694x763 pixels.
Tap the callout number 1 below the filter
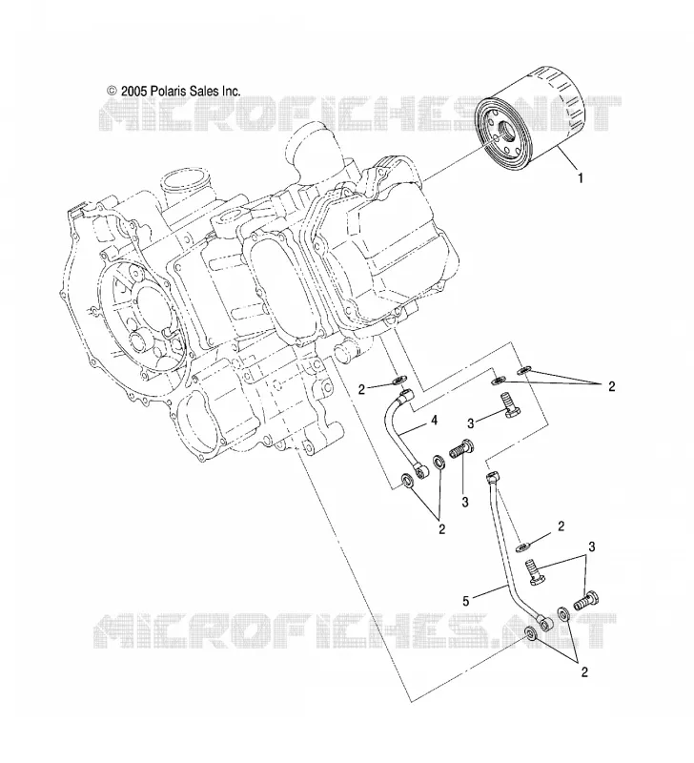(x=581, y=178)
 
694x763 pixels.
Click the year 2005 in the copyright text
(x=133, y=91)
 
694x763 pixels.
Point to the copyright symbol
(x=112, y=91)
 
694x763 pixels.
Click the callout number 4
(x=434, y=420)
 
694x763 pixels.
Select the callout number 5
(x=466, y=602)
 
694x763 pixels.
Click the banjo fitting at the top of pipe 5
(x=492, y=476)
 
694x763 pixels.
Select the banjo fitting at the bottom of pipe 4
(x=420, y=470)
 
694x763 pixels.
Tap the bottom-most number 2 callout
(x=584, y=672)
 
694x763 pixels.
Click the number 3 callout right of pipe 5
(x=592, y=546)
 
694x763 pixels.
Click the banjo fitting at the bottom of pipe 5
(x=544, y=622)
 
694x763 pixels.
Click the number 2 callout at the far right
(x=612, y=386)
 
